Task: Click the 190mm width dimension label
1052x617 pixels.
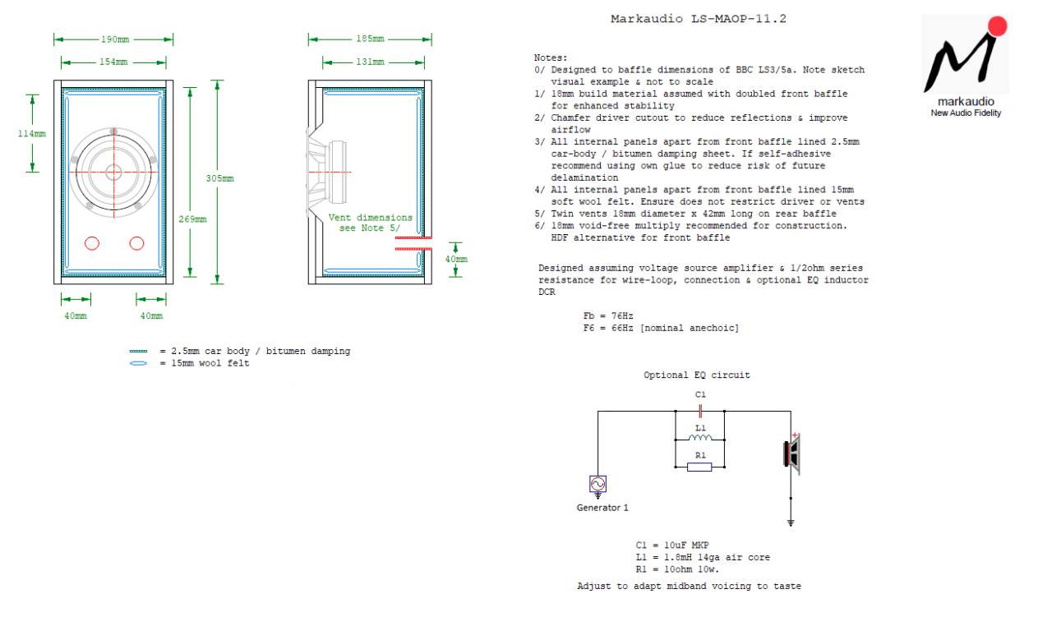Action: (x=113, y=39)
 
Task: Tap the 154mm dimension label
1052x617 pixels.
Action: (x=113, y=62)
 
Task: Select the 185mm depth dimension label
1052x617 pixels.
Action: (x=370, y=39)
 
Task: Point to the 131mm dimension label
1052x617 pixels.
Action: (x=370, y=62)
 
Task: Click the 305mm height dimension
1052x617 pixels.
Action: (x=219, y=178)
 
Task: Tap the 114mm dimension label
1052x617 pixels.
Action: (x=33, y=133)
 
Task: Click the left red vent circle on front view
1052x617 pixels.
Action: (x=92, y=243)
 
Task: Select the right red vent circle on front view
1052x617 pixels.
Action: (x=136, y=243)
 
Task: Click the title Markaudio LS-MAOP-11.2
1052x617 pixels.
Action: (x=699, y=18)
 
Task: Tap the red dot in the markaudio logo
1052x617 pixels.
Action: (x=997, y=25)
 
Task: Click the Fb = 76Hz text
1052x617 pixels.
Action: (x=608, y=315)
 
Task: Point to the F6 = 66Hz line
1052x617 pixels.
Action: (x=661, y=328)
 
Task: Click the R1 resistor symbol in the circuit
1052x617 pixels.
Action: (x=699, y=467)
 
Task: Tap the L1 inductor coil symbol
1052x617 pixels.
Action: (x=699, y=439)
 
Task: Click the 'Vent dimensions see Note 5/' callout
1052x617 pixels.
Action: (x=370, y=223)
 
